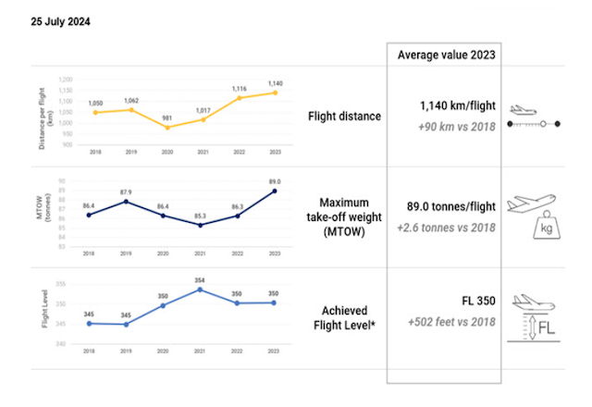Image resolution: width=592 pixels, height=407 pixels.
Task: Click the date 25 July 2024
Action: tap(60, 18)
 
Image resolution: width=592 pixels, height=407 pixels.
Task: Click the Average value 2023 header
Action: tap(444, 55)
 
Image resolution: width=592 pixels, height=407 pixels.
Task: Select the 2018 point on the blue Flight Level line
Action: tap(88, 324)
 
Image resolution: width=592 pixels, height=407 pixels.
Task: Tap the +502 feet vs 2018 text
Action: tap(450, 323)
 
